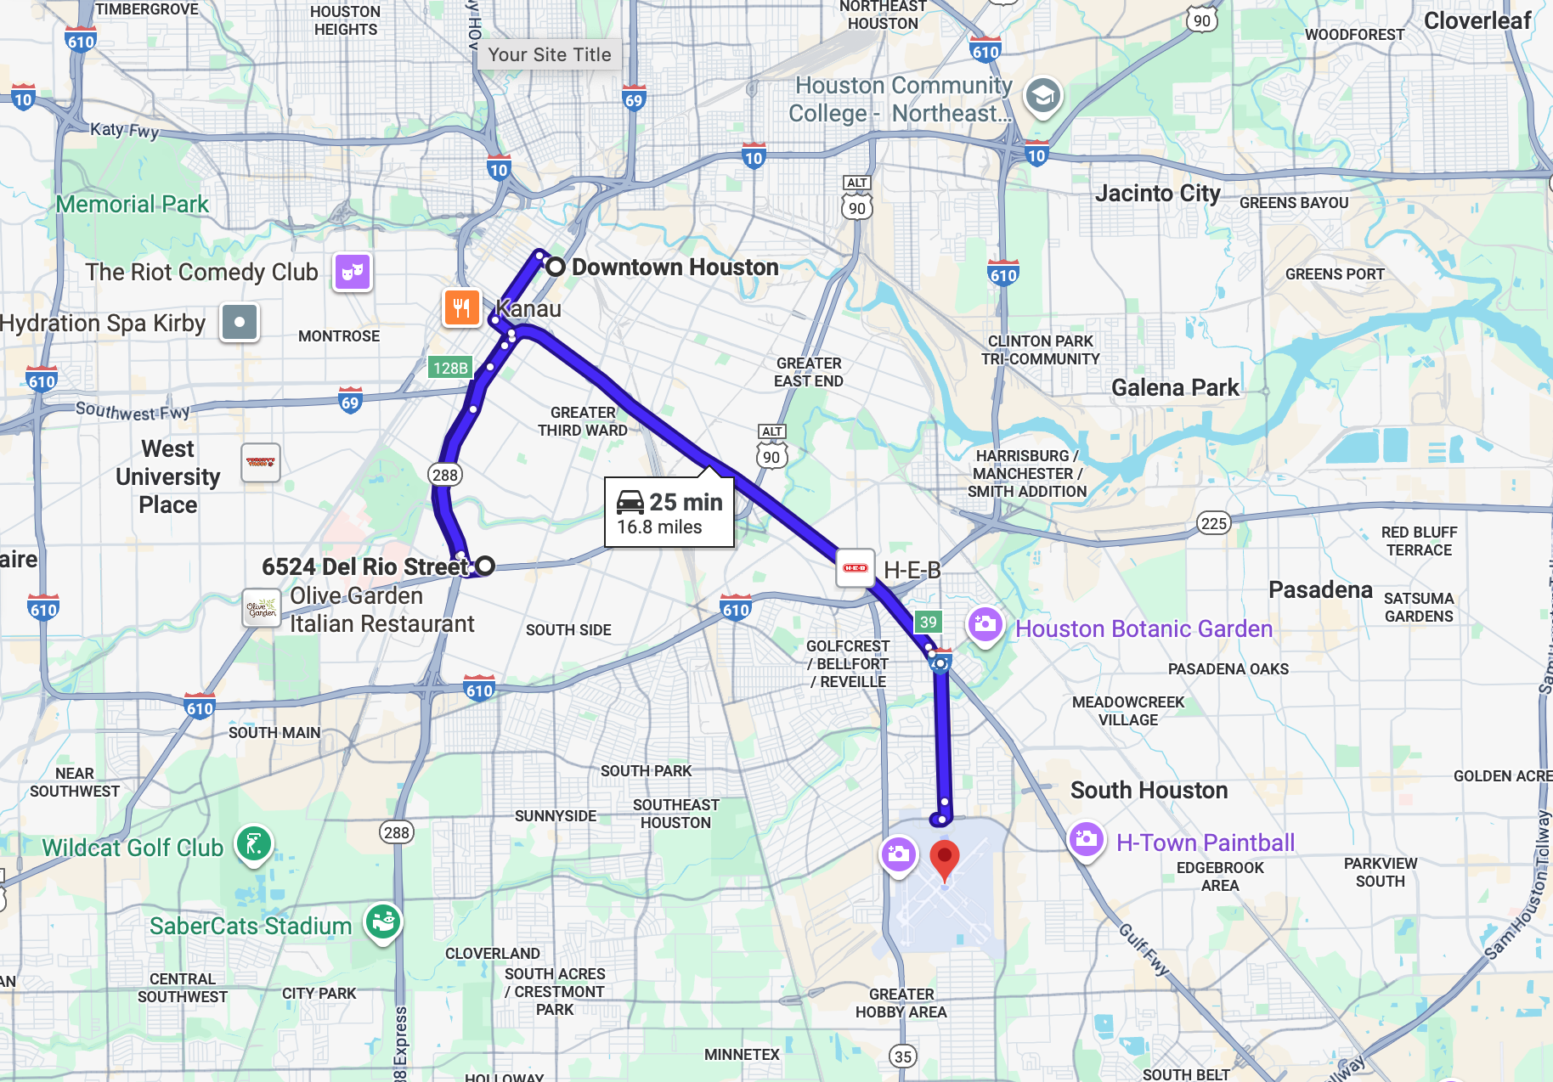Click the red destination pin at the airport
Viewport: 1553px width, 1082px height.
click(x=944, y=859)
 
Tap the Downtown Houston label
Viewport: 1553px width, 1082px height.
click(x=675, y=268)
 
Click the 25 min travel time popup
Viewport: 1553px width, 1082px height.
click(x=669, y=513)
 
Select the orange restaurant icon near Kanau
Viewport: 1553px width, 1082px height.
click(x=461, y=307)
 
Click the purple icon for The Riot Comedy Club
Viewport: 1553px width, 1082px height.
click(x=352, y=273)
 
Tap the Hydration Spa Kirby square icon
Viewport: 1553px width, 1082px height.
click(x=240, y=323)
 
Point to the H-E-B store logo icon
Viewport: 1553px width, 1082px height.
click(x=855, y=568)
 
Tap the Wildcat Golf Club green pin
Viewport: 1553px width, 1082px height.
click(x=253, y=844)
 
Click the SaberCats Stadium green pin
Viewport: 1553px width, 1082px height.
click(x=383, y=921)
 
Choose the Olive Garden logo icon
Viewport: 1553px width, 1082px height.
click(x=262, y=608)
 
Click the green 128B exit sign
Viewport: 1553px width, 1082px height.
click(x=449, y=368)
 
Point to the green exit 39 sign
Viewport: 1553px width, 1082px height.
click(x=928, y=622)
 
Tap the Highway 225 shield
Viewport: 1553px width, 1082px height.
click(x=1213, y=523)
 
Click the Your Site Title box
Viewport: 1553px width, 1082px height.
click(x=549, y=55)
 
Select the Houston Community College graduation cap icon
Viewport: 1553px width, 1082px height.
click(x=1042, y=96)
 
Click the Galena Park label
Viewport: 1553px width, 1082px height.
click(x=1175, y=388)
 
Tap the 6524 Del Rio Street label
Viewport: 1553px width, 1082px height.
click(x=364, y=566)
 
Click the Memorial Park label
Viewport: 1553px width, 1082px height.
click(x=133, y=205)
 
